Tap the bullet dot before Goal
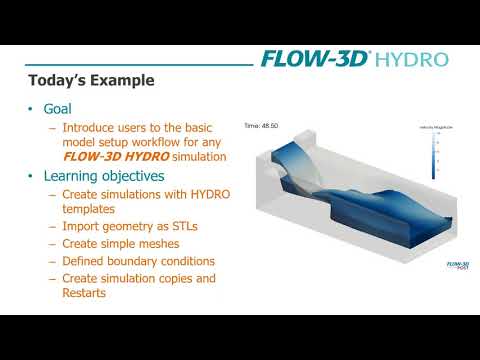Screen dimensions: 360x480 pos(32,108)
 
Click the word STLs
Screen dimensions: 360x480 pos(181,226)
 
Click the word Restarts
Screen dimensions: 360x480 pos(86,293)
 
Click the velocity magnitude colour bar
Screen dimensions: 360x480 pos(433,156)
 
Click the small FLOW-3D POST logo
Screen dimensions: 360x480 pos(457,265)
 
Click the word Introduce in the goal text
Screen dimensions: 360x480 pos(89,128)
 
